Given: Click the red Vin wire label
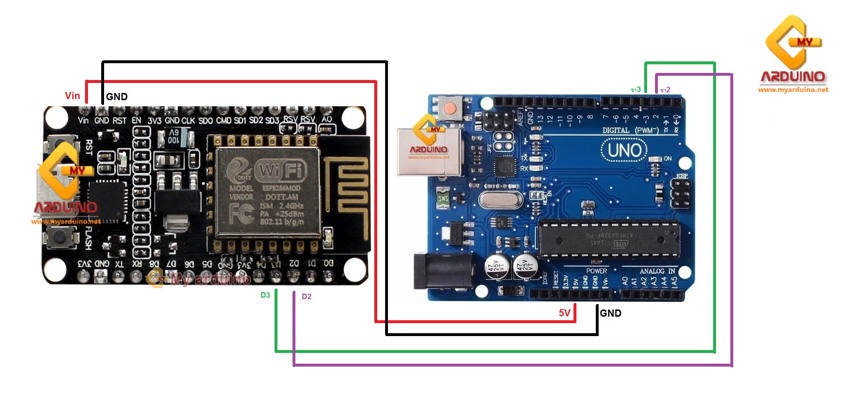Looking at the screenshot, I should pyautogui.click(x=72, y=96).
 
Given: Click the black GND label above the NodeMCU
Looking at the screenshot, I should pyautogui.click(x=117, y=97).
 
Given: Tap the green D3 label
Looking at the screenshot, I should pyautogui.click(x=265, y=295).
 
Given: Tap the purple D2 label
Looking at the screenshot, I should pyautogui.click(x=306, y=297).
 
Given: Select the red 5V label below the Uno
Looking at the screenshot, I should pyautogui.click(x=564, y=313).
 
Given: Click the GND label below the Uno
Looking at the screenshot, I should pyautogui.click(x=610, y=313).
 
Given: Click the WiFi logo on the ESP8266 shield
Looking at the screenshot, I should pyautogui.click(x=281, y=171).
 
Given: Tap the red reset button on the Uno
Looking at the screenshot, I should pyautogui.click(x=450, y=108).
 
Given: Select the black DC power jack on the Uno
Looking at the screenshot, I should pyautogui.click(x=441, y=271).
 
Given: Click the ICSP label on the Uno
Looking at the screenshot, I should pyautogui.click(x=682, y=176).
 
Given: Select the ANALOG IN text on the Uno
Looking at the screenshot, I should pyautogui.click(x=657, y=271).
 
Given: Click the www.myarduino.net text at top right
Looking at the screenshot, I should pyautogui.click(x=793, y=90).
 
